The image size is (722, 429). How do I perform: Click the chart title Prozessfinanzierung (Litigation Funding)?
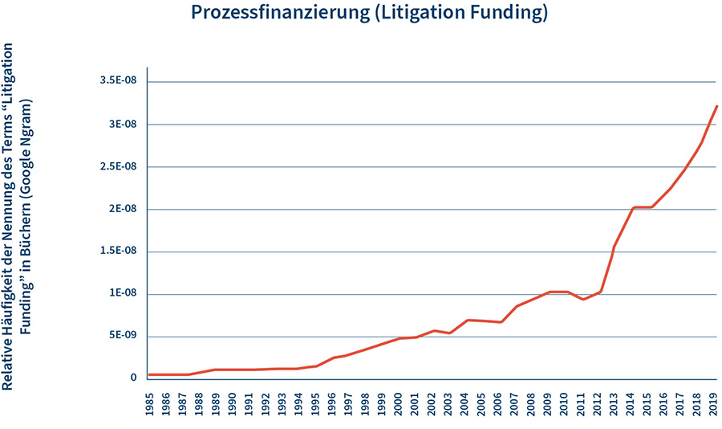click(x=370, y=14)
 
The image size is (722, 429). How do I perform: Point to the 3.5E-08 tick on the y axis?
click(x=118, y=82)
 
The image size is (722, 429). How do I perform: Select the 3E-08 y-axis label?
click(x=122, y=125)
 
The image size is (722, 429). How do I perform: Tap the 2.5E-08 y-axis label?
click(x=118, y=167)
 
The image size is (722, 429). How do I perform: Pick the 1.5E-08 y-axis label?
click(x=118, y=251)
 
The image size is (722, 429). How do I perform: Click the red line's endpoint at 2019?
click(x=716, y=106)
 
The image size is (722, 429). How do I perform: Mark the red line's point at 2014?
click(x=634, y=207)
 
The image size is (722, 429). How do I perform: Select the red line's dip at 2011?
click(x=583, y=300)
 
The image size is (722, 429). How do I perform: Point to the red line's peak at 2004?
click(x=467, y=320)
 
